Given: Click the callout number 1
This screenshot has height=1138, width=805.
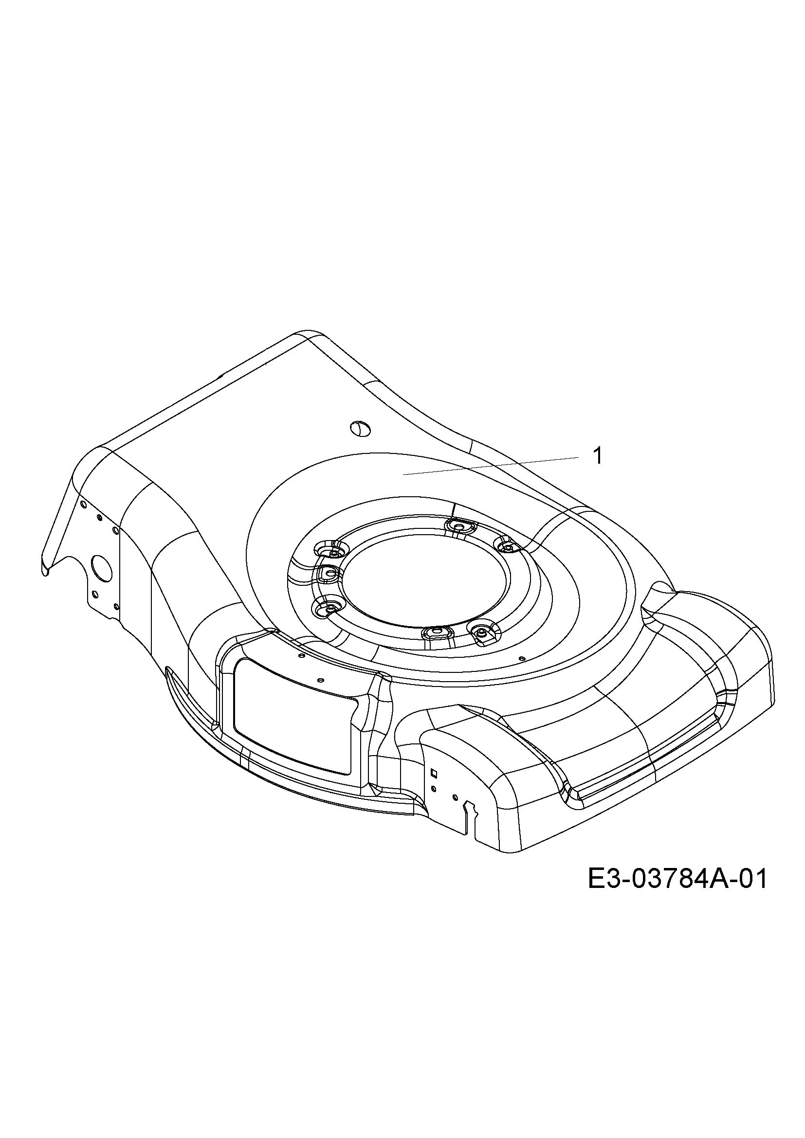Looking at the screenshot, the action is (x=598, y=456).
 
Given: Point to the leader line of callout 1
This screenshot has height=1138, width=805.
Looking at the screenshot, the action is (x=491, y=467).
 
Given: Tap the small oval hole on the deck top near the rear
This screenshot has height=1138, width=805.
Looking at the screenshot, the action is (x=360, y=428).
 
